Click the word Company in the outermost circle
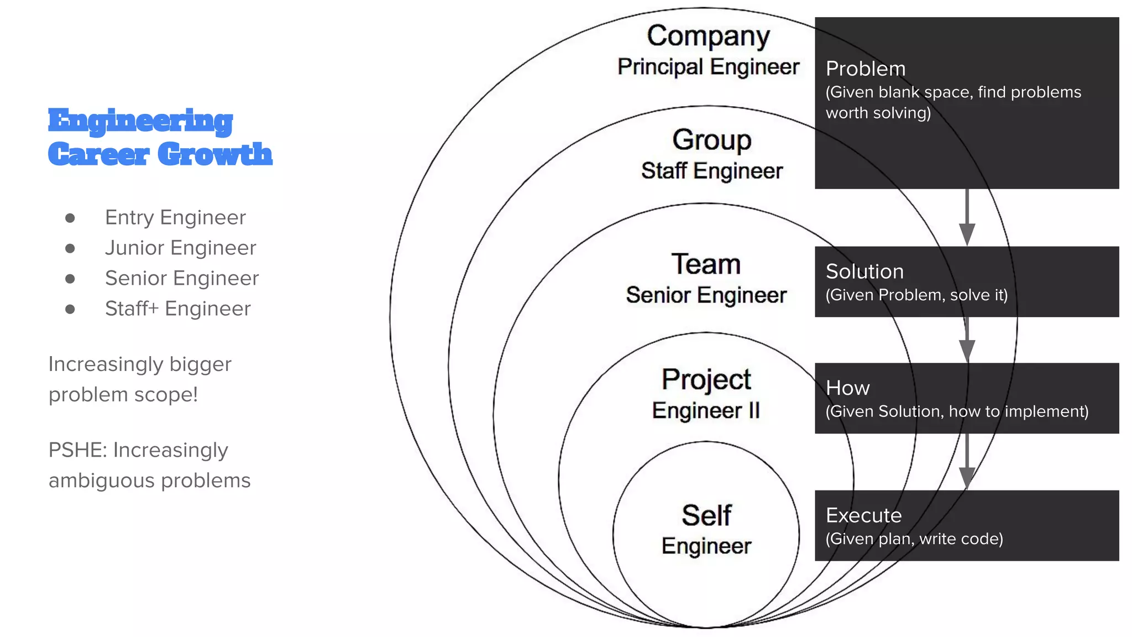tap(708, 36)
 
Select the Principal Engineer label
tap(708, 67)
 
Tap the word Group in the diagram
tap(711, 140)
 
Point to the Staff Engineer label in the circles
tap(711, 171)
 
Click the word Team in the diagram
tap(706, 264)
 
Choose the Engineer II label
tap(706, 411)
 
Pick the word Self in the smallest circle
tap(706, 515)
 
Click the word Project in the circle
tap(706, 379)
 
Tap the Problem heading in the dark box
tap(866, 69)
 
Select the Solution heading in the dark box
tap(864, 271)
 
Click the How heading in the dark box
tap(847, 388)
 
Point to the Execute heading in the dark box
tap(863, 515)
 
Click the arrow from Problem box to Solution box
tap(967, 217)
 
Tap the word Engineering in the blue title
tap(140, 121)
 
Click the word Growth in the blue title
tap(215, 154)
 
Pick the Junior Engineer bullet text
tap(180, 248)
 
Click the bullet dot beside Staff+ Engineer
tap(70, 309)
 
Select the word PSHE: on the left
tap(77, 450)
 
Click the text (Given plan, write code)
tap(914, 539)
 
